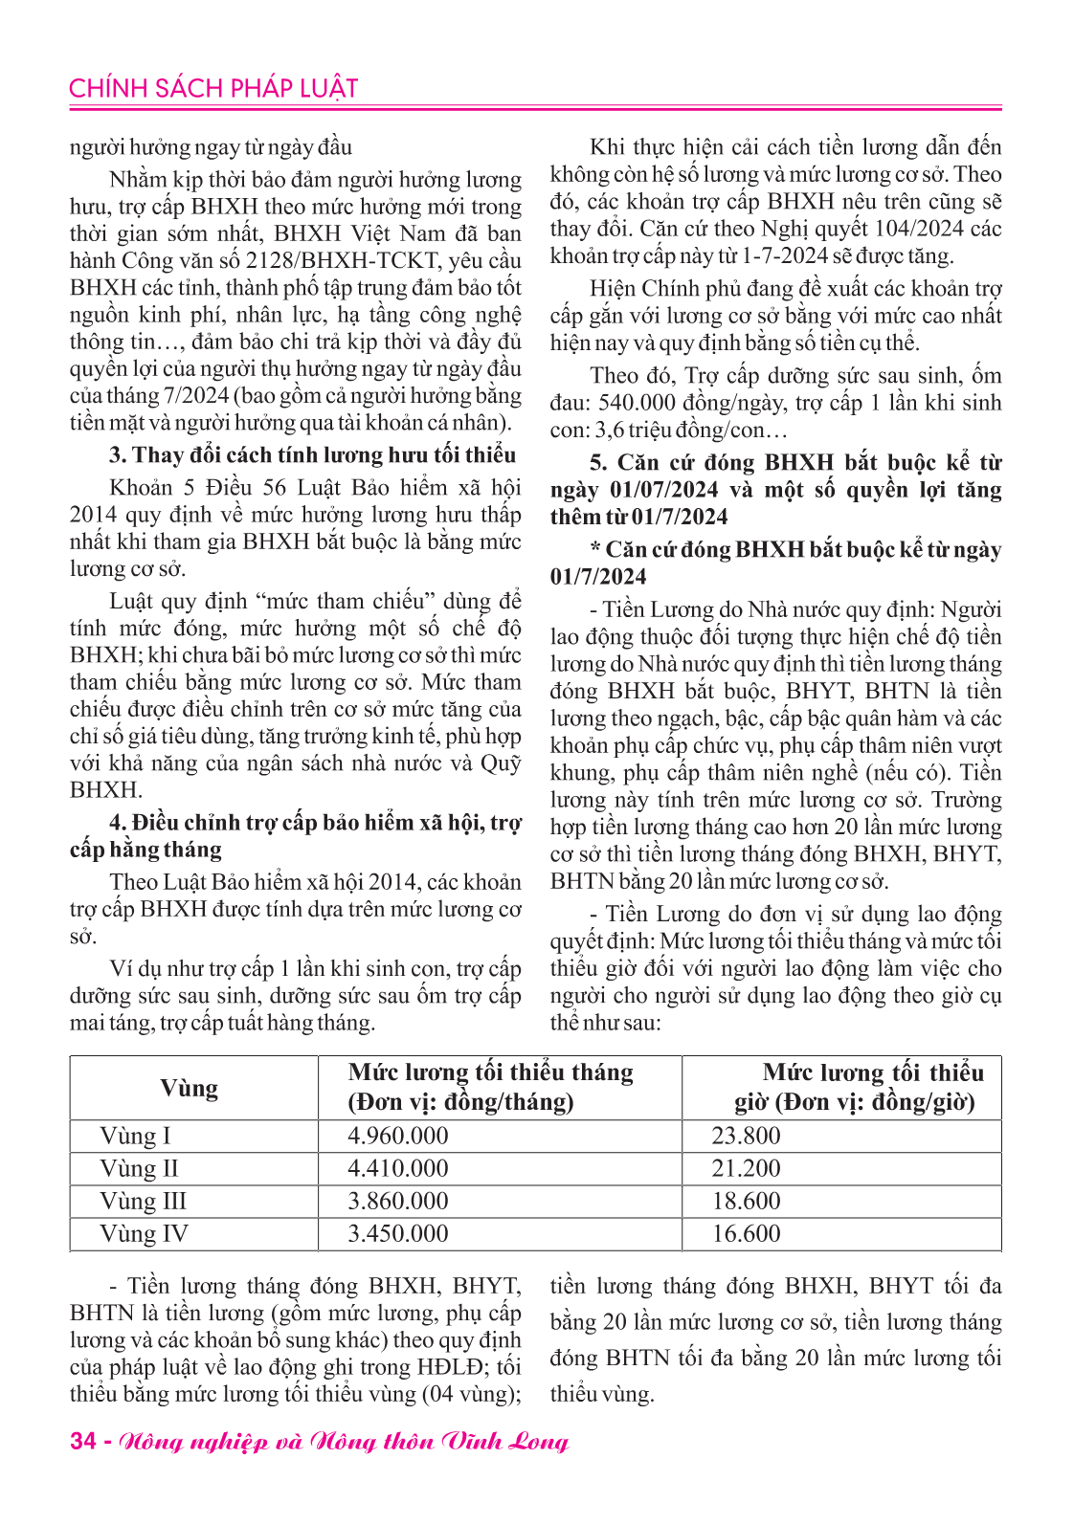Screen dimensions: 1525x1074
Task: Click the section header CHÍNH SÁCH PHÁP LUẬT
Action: click(213, 89)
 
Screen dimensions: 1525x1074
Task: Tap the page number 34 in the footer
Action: click(82, 1441)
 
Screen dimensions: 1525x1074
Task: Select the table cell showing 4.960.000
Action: click(397, 1136)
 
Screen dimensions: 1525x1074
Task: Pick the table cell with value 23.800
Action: click(746, 1136)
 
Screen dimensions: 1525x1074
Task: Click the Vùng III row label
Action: click(143, 1201)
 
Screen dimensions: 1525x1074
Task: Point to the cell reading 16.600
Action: click(746, 1233)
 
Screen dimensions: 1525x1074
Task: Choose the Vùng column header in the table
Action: click(189, 1088)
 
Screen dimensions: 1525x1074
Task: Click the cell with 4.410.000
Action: click(397, 1168)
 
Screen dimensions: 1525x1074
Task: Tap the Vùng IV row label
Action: click(144, 1233)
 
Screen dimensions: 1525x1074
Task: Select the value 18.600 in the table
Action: click(746, 1201)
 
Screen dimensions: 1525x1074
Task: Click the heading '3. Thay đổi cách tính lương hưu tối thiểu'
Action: click(312, 454)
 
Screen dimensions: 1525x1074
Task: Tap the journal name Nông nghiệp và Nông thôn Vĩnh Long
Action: click(344, 1441)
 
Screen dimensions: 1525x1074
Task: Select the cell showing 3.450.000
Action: click(397, 1233)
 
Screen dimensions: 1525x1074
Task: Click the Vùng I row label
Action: click(135, 1136)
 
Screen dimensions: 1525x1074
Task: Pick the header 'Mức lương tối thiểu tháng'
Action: click(490, 1072)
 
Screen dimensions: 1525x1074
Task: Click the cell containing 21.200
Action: click(746, 1168)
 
